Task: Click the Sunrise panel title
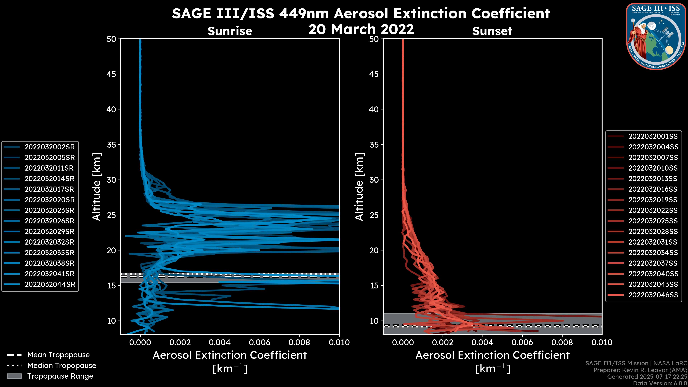230,31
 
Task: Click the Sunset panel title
492,31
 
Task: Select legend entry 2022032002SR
50,147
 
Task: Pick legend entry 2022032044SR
50,285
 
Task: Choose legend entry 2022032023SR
49,211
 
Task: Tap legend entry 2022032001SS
653,137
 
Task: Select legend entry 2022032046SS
653,295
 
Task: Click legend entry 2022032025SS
653,221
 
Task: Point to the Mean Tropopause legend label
58,355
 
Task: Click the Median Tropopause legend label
62,366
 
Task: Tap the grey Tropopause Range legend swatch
14,376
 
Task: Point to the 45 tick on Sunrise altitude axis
111,74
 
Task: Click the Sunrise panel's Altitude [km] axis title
97,187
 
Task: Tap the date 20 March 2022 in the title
361,29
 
